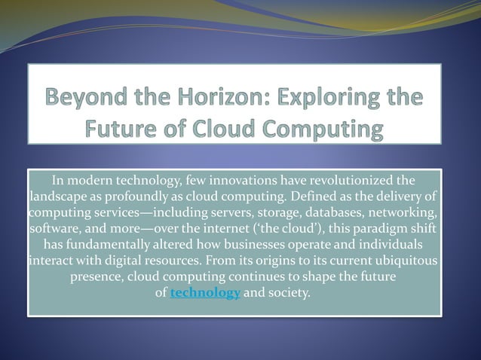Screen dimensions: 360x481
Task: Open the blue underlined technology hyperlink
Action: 205,293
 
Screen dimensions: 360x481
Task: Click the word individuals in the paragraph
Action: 384,245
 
